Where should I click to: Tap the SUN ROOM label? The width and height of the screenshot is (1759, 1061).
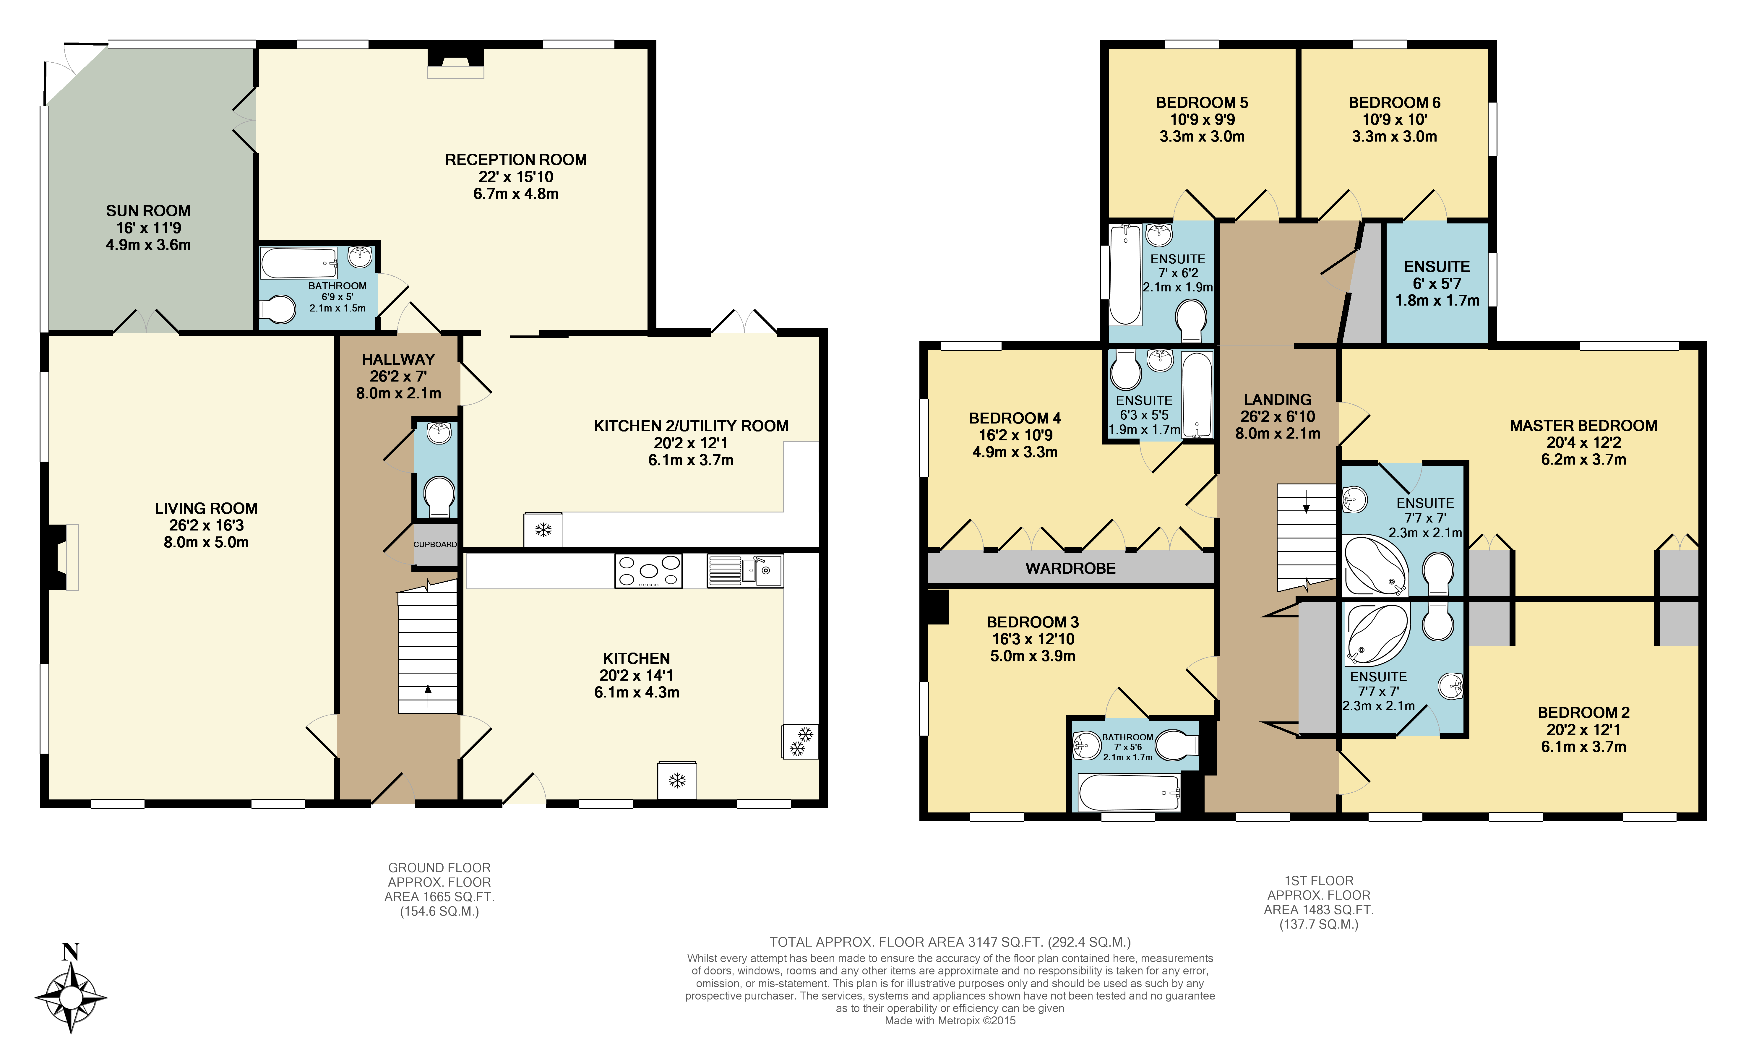[148, 211]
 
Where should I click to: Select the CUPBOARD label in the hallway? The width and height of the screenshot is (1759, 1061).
[435, 544]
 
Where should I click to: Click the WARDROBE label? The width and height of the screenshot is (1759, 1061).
[1070, 568]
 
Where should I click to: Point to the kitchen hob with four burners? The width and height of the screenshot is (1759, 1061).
[648, 570]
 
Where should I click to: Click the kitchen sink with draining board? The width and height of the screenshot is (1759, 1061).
[744, 570]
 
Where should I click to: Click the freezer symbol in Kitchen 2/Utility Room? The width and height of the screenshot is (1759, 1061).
[543, 530]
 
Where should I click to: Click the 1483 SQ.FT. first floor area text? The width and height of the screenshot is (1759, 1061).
[1319, 910]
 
